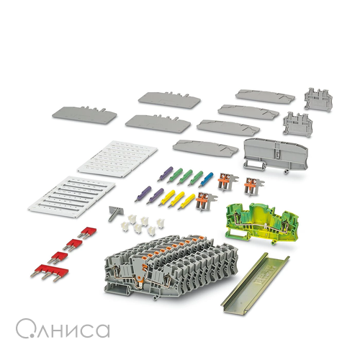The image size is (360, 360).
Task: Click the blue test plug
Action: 206,179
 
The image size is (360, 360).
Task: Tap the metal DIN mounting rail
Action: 255,284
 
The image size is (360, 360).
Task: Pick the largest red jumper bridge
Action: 50,272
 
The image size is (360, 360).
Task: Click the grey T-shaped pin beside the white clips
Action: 114,213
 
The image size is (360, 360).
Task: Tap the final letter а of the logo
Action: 104,330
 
